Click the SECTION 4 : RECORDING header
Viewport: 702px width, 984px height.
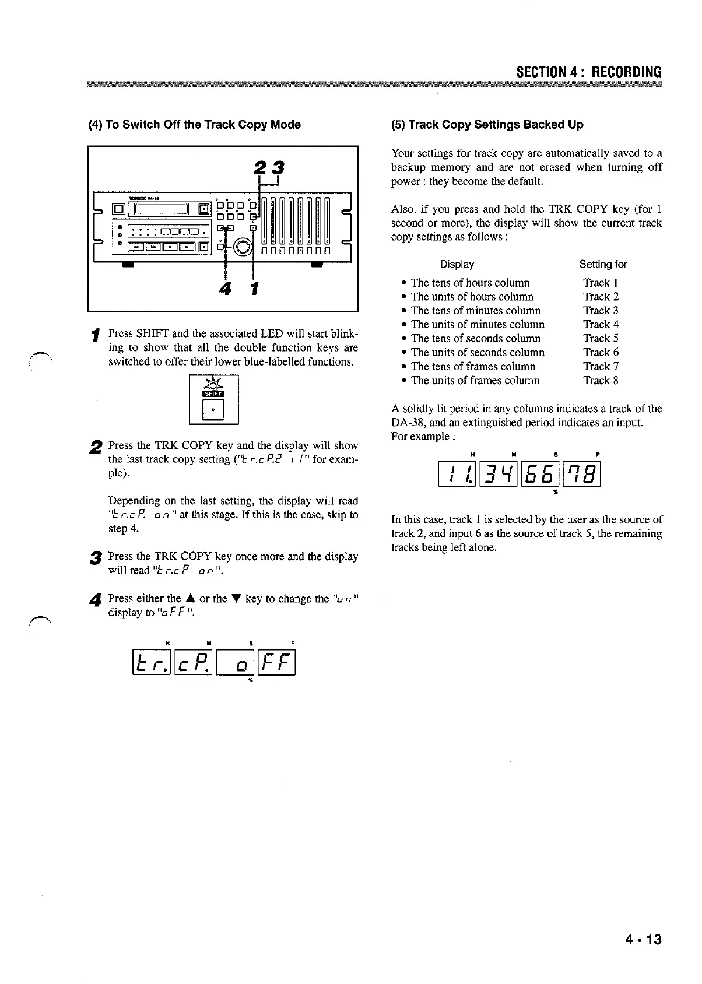589,72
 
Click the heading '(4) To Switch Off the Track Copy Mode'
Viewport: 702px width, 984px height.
194,125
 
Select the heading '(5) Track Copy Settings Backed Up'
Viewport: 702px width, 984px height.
487,125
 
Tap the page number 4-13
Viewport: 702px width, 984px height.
643,940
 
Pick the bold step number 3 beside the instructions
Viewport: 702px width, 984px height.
93,558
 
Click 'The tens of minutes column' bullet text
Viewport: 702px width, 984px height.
475,311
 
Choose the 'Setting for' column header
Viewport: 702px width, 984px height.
603,264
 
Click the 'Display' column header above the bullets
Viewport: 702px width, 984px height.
457,264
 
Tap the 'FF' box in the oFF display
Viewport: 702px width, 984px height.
276,662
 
